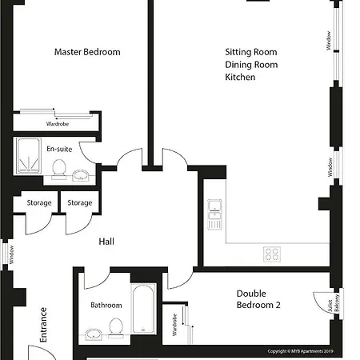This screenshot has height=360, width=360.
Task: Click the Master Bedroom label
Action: coord(87,52)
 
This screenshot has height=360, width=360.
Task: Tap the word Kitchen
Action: coord(240,77)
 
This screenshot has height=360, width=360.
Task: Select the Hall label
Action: coord(106,242)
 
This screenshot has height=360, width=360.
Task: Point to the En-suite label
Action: coord(59,149)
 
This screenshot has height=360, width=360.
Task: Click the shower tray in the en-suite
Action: coord(29,156)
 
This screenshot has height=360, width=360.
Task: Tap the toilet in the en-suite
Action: coord(59,169)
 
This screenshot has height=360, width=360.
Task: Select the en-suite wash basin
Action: coord(81,175)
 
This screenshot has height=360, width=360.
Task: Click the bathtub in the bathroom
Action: coord(143,309)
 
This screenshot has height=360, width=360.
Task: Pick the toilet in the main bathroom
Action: coord(116,328)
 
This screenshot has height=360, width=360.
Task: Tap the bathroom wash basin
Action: coord(94,334)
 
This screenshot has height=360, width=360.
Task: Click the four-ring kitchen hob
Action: coord(272,254)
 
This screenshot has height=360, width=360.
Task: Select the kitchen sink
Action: coord(214,214)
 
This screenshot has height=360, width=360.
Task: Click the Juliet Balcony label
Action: coord(334,304)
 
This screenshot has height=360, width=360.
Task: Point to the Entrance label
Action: coord(43,325)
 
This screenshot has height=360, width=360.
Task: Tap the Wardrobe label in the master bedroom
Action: coord(58,124)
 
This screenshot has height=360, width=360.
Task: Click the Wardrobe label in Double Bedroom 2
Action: coord(174,325)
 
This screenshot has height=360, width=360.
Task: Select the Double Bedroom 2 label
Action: coord(258,299)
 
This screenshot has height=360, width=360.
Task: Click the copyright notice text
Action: coord(300,351)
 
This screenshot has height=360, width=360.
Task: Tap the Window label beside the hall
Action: coord(11,254)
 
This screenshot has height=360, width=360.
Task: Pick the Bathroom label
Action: coord(106,305)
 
